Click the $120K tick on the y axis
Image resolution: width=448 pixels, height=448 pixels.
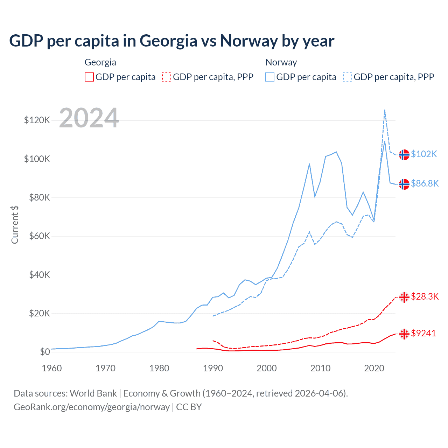[x=37, y=120]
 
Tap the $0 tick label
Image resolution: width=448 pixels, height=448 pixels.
[x=45, y=352]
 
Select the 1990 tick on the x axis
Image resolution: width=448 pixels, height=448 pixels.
[x=213, y=368]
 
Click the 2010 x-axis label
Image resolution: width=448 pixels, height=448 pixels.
[x=320, y=368]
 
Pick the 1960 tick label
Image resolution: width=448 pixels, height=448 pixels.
[x=52, y=368]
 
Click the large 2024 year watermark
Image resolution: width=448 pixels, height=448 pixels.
[x=89, y=118]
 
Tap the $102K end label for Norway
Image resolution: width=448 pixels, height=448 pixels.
[x=424, y=154]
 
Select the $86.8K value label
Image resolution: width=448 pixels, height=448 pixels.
[x=425, y=183]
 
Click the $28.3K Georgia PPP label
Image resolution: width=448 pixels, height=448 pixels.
[x=425, y=297]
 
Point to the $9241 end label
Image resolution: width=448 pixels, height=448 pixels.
[x=423, y=333]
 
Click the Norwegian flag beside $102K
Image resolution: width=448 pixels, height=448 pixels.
[x=404, y=154]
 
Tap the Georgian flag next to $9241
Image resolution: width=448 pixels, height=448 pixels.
[x=404, y=334]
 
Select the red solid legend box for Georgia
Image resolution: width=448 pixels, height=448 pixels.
[x=89, y=77]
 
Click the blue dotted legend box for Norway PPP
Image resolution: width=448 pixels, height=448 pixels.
[x=348, y=77]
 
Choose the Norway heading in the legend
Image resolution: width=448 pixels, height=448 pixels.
[x=281, y=62]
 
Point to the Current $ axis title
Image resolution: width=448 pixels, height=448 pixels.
[x=15, y=224]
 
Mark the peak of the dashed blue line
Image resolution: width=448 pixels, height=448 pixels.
[x=385, y=110]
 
